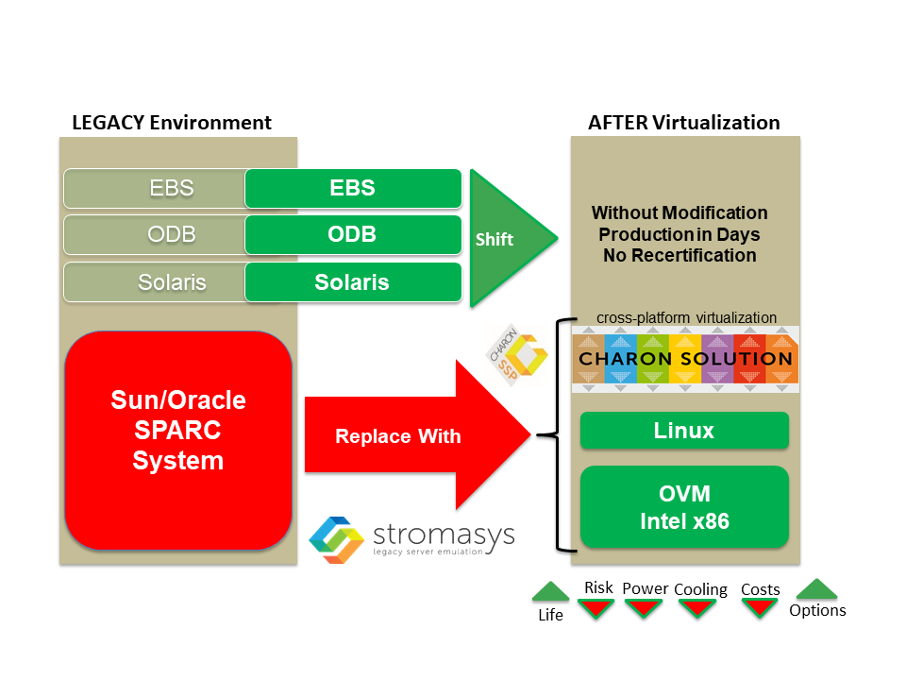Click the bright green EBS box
pyautogui.click(x=353, y=188)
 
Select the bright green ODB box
pyautogui.click(x=353, y=235)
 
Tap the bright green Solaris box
pyautogui.click(x=353, y=282)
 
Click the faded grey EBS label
pyautogui.click(x=172, y=188)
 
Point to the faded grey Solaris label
pyautogui.click(x=172, y=282)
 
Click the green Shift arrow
pyautogui.click(x=509, y=238)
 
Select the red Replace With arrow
pyautogui.click(x=417, y=434)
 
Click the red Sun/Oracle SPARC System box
pyautogui.click(x=178, y=440)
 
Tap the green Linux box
pyautogui.click(x=684, y=431)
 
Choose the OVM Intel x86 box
pyautogui.click(x=684, y=507)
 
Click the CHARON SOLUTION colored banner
pyautogui.click(x=685, y=359)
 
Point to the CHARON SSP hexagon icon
pyautogui.click(x=517, y=354)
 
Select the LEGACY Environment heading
pyautogui.click(x=172, y=123)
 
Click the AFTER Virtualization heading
pyautogui.click(x=684, y=123)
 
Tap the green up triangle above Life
pyautogui.click(x=550, y=592)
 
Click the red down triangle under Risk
pyautogui.click(x=596, y=608)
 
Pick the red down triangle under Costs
pyautogui.click(x=759, y=608)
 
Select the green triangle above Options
pyautogui.click(x=816, y=589)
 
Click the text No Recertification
pyautogui.click(x=679, y=256)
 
